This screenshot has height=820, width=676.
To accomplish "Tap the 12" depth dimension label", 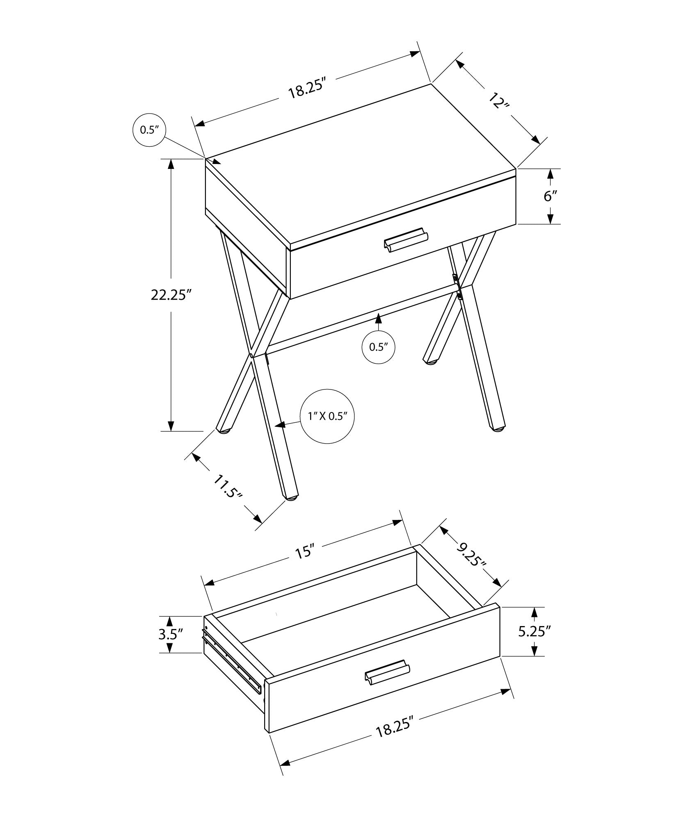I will pos(499,100).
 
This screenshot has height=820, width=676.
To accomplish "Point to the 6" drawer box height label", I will pos(550,196).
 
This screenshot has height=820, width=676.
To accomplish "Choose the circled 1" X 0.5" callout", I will pos(327,416).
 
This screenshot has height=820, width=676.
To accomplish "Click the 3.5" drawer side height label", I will pos(170,635).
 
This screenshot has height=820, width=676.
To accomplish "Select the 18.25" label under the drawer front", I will pos(393,731).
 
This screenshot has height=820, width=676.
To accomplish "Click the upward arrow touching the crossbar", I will pos(378,318).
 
